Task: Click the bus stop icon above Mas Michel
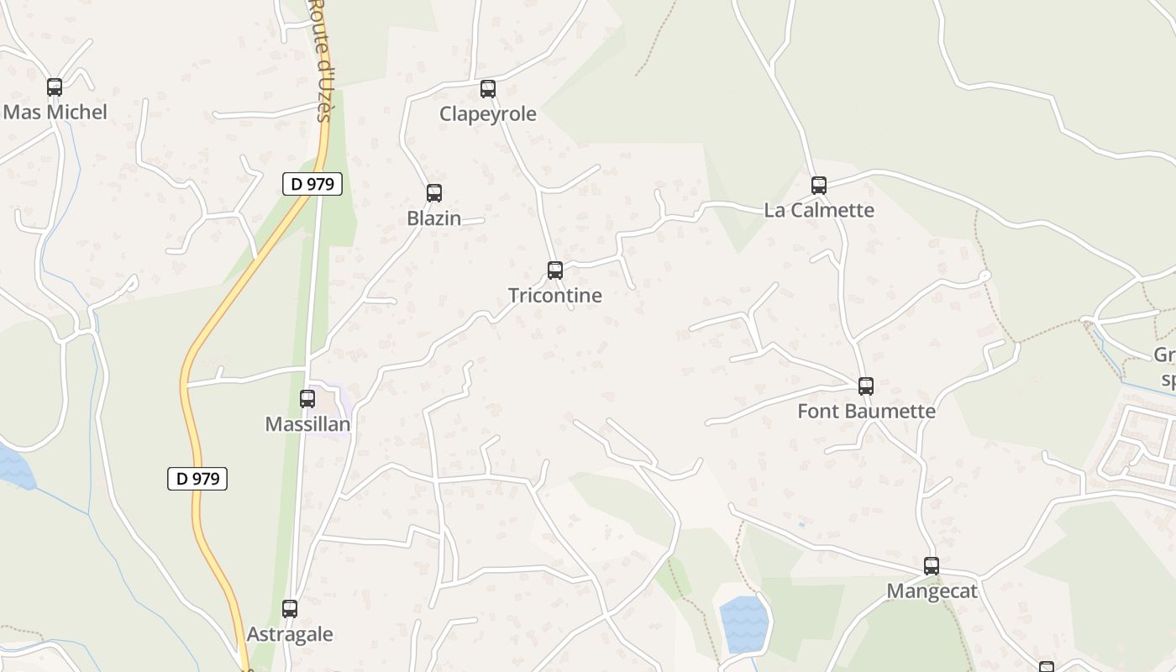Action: pyautogui.click(x=55, y=87)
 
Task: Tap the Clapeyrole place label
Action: pyautogui.click(x=487, y=113)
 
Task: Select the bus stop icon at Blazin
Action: pyautogui.click(x=433, y=192)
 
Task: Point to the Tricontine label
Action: pyautogui.click(x=554, y=295)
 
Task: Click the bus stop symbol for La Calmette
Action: pyautogui.click(x=818, y=185)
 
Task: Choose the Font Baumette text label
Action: pyautogui.click(x=865, y=411)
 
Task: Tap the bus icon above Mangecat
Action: pyautogui.click(x=931, y=565)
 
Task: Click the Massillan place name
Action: pyautogui.click(x=307, y=424)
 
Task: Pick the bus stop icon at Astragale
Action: pyautogui.click(x=290, y=608)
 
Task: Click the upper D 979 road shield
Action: pyautogui.click(x=312, y=184)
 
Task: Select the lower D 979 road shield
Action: pyautogui.click(x=197, y=479)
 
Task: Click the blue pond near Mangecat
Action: pyautogui.click(x=744, y=624)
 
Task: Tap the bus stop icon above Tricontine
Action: pyautogui.click(x=554, y=270)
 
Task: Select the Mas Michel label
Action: pyautogui.click(x=55, y=112)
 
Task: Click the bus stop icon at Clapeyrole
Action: pyautogui.click(x=487, y=88)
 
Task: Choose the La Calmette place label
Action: pyautogui.click(x=819, y=210)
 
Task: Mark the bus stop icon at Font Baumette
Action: pyautogui.click(x=865, y=386)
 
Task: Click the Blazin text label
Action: pyautogui.click(x=433, y=218)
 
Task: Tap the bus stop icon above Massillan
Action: pyautogui.click(x=307, y=398)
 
